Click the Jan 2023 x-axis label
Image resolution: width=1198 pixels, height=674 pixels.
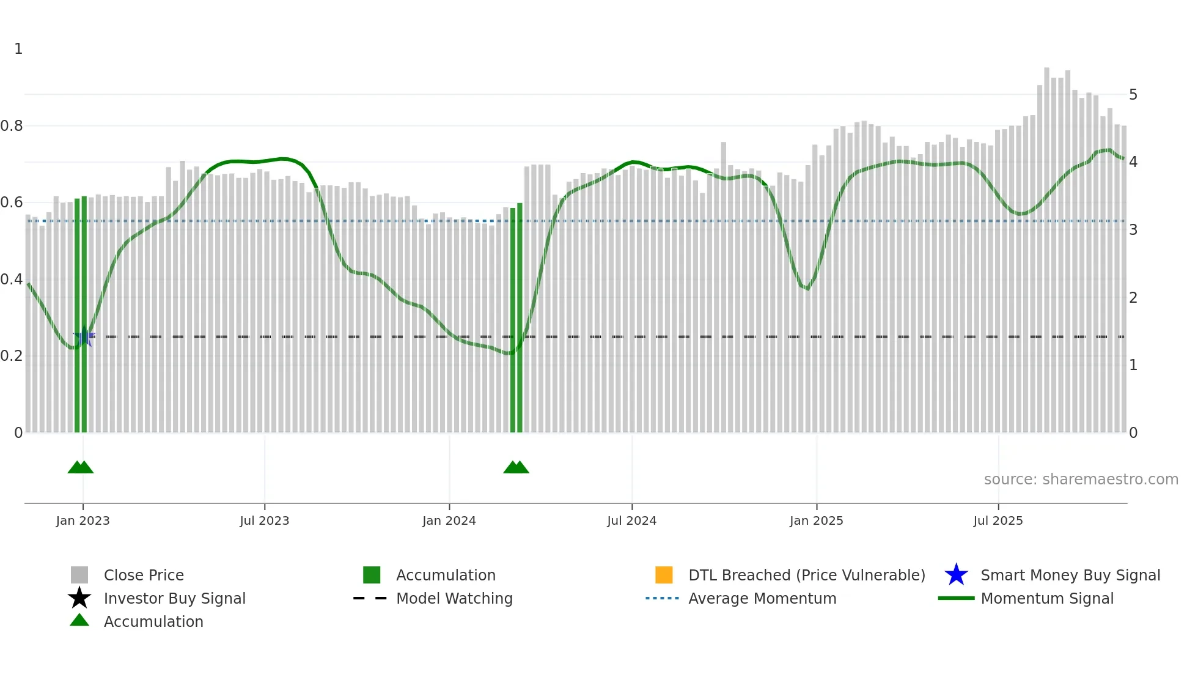(x=83, y=521)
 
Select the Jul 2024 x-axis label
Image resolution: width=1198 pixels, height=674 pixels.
(x=631, y=521)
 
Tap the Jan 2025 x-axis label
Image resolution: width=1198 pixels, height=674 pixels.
(x=816, y=521)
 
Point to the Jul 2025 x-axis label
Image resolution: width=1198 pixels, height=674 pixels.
(x=998, y=521)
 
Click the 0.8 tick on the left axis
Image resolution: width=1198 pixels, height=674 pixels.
(x=12, y=126)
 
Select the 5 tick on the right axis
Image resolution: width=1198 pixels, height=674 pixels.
(x=1133, y=95)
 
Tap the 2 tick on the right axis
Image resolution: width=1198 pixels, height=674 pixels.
(x=1133, y=298)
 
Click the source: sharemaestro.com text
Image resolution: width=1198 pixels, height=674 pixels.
(x=1081, y=480)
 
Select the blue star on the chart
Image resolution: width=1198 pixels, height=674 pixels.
(x=84, y=336)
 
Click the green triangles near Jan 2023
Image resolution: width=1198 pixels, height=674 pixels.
(x=81, y=467)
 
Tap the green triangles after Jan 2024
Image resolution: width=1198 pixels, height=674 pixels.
(x=516, y=467)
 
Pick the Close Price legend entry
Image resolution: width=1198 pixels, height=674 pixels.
(x=144, y=576)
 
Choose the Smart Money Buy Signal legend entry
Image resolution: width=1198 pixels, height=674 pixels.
(x=1070, y=576)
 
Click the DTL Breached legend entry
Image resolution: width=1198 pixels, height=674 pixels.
(x=806, y=576)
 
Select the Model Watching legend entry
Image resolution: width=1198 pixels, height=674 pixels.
(x=454, y=599)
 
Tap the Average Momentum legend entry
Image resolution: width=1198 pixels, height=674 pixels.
(x=762, y=599)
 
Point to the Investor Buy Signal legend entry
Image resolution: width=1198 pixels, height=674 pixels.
(x=174, y=599)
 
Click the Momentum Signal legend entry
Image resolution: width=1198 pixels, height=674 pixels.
(x=1046, y=599)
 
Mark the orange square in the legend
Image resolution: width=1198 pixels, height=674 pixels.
(x=664, y=575)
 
